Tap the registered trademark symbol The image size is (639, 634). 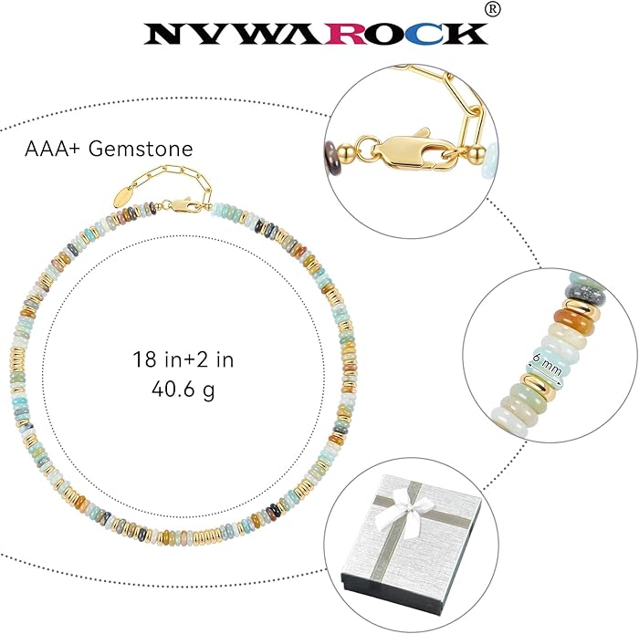tap(493, 10)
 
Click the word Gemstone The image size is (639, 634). tap(141, 149)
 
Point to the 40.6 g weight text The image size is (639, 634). tap(183, 390)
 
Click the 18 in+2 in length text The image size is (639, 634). tap(183, 359)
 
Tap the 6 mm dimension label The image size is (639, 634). tap(546, 365)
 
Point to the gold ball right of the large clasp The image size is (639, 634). tap(477, 154)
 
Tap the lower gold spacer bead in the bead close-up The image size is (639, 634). tap(538, 388)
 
